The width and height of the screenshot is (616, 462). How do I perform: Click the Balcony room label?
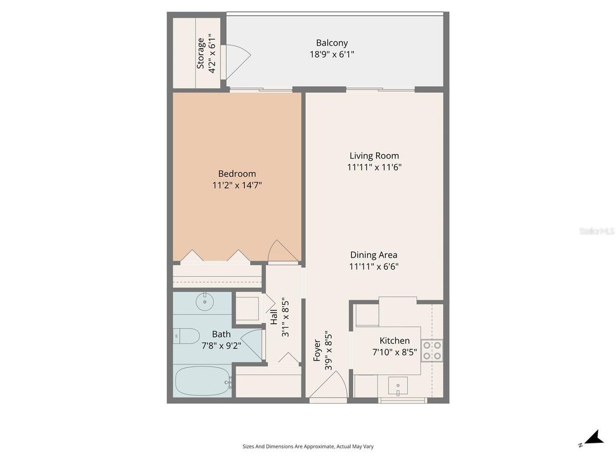point(332,43)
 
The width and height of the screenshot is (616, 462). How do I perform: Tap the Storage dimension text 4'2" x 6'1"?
point(212,54)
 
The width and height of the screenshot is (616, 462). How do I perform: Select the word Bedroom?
point(236,174)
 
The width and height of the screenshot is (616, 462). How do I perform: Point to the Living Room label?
point(374,156)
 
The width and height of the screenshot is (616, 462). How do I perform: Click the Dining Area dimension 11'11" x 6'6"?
point(374,266)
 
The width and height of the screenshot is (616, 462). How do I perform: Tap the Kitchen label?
point(395,340)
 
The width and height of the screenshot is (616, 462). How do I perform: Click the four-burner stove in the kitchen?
point(432,350)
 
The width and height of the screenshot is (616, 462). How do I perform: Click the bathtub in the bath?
point(202,381)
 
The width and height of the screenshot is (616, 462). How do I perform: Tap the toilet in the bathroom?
point(186,336)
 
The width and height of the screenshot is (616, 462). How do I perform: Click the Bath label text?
point(221,334)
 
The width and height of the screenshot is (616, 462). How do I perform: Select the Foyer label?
point(318,350)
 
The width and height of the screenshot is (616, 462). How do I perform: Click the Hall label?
point(274,316)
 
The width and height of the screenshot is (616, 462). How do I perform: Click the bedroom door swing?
point(282,251)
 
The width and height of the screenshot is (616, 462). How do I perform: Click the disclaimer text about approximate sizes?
point(308,446)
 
